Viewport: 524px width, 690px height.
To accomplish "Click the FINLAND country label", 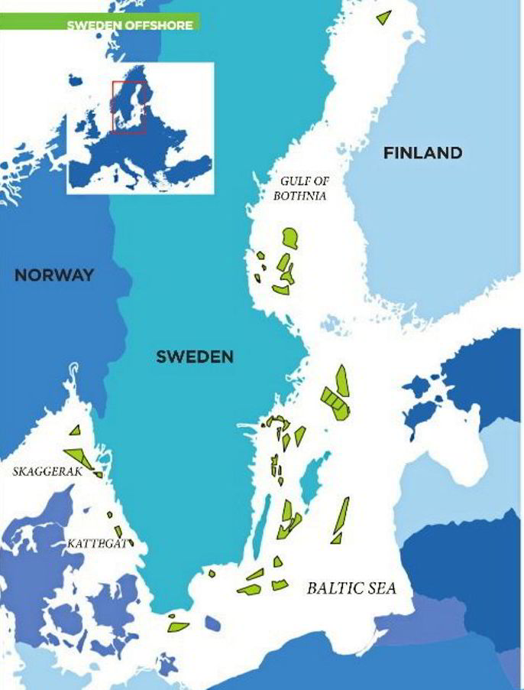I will [x=422, y=153].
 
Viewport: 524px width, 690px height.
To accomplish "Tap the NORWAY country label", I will [x=54, y=275].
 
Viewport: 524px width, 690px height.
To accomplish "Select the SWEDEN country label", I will [x=195, y=356].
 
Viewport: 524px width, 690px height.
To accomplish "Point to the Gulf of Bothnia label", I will [x=302, y=187].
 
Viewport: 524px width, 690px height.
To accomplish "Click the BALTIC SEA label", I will [x=352, y=588].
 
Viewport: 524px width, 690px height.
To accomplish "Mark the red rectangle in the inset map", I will [x=128, y=106].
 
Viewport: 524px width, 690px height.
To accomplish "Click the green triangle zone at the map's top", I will [x=383, y=16].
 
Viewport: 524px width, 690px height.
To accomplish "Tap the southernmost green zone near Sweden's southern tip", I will [x=179, y=627].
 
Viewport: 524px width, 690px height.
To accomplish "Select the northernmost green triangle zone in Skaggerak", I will [x=75, y=433].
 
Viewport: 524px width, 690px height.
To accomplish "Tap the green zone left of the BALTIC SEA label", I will [x=280, y=585].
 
